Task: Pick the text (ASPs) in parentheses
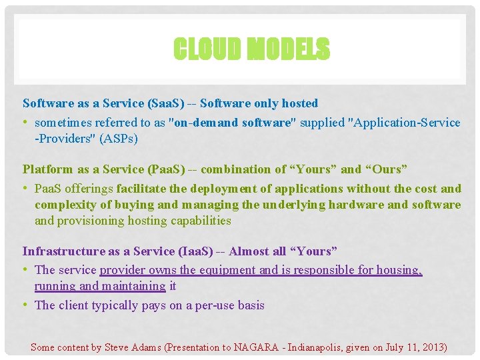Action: click(120, 139)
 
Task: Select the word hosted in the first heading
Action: click(299, 103)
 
